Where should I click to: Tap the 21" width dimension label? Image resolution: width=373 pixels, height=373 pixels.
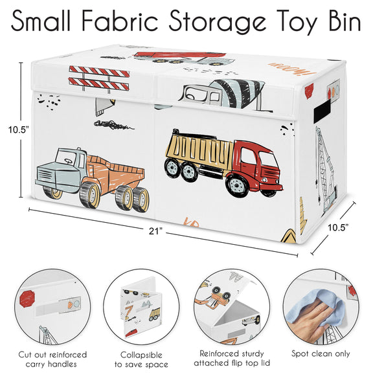point(155,231)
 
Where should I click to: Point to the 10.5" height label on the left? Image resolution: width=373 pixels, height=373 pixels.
point(19,130)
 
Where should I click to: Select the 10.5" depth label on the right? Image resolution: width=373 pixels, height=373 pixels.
point(338,228)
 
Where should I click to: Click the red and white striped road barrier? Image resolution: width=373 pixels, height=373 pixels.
point(99,78)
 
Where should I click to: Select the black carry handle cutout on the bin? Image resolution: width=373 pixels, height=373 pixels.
point(322,111)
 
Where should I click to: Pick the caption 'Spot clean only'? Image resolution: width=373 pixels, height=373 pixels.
point(321,354)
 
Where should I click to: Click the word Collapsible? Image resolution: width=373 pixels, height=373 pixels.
point(141,355)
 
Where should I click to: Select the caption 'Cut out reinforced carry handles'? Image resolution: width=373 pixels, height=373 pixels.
point(52,359)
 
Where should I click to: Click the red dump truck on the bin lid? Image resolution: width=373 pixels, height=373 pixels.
point(181,58)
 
